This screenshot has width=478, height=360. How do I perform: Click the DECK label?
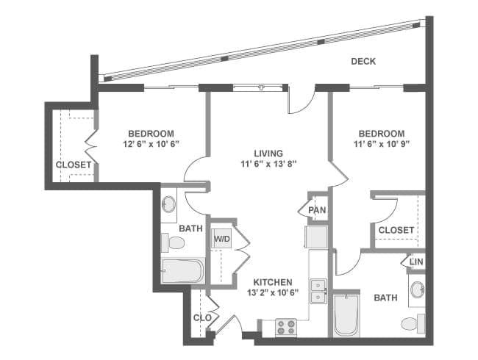[363, 62]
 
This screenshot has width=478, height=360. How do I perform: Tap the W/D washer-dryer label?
[221, 240]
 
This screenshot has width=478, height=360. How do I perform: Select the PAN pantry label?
[317, 211]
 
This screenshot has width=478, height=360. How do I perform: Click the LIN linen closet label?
[416, 262]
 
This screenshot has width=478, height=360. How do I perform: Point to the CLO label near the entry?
[202, 318]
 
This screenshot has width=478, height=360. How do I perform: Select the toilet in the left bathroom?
[175, 243]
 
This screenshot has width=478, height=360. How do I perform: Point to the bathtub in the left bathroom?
[182, 271]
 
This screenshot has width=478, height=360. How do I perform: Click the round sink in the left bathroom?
[168, 204]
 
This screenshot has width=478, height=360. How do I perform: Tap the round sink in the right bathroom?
[417, 289]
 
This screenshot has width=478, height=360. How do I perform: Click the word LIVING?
[268, 153]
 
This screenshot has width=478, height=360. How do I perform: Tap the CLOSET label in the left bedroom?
[74, 165]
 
